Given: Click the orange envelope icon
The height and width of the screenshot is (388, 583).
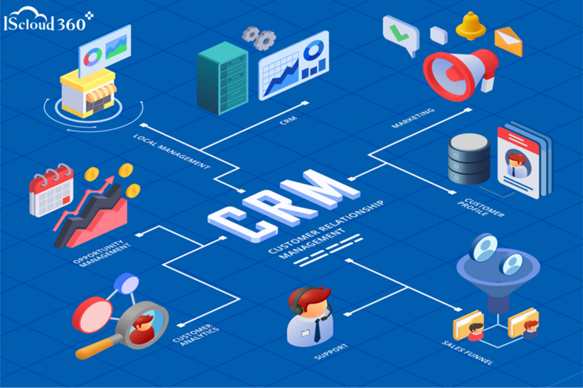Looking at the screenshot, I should click(508, 42).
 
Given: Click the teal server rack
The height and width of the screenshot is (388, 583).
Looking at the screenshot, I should click(222, 77).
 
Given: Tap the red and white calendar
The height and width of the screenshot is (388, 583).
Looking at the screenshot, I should click(51, 190).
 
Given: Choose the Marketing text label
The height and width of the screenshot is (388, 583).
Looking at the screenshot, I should click(412, 118).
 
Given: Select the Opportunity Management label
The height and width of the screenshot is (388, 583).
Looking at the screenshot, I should click(104, 253).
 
